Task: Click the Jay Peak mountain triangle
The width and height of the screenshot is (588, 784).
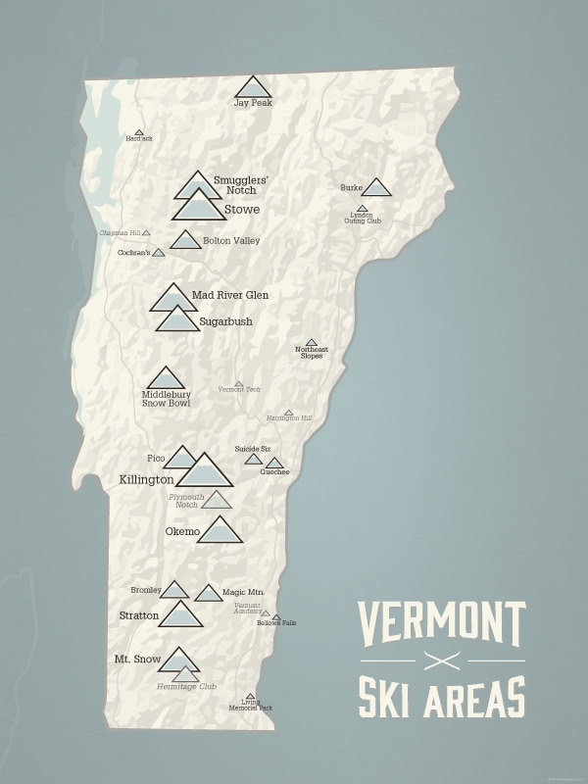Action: [253, 87]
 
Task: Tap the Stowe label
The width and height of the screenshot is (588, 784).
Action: [242, 209]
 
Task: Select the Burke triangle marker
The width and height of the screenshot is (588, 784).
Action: [376, 187]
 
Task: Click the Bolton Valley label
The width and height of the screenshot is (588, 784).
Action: [231, 240]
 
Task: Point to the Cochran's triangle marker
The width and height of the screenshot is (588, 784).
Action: [159, 253]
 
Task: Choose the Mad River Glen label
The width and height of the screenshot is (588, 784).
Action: [230, 295]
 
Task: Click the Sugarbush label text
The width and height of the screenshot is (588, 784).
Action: [225, 321]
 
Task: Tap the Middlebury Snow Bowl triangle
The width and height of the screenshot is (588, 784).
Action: [166, 379]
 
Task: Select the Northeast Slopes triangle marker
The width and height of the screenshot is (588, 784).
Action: [311, 343]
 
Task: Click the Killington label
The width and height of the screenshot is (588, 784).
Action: [146, 480]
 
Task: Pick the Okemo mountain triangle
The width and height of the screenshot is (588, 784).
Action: [220, 530]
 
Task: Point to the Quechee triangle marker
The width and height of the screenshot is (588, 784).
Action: [274, 464]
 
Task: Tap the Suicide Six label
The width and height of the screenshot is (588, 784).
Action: [252, 449]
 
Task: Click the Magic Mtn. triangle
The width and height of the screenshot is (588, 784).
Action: [208, 593]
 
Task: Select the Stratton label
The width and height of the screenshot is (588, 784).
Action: [138, 615]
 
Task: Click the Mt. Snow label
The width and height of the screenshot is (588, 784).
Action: [135, 660]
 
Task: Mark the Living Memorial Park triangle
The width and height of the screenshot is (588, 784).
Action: [250, 697]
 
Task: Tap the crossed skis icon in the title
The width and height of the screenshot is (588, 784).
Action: [441, 658]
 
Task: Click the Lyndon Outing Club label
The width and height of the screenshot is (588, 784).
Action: [362, 219]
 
